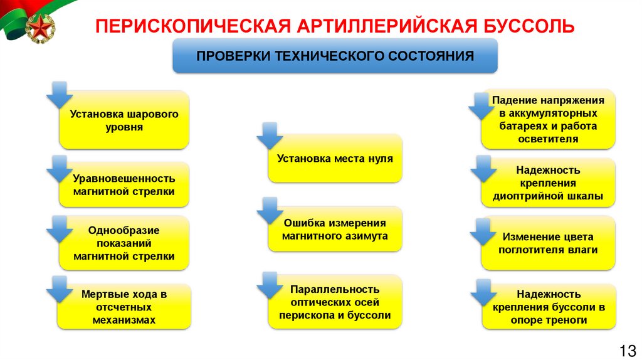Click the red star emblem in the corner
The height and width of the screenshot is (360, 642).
pos(39,28)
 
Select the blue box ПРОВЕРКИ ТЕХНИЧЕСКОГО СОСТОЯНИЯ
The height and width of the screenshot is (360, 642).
pos(335,56)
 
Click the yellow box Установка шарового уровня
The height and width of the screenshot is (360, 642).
pos(124,120)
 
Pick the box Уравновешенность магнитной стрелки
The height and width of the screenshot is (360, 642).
pos(124,184)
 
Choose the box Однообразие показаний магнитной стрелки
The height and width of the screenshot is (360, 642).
pos(124,243)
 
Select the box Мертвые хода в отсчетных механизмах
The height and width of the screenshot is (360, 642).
pos(124,307)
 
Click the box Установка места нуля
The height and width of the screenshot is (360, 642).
pos(335,159)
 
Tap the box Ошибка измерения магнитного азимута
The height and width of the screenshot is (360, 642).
pos(335,230)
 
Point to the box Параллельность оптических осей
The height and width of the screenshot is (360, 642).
pos(335,302)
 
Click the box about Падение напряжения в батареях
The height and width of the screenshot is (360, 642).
pos(548,119)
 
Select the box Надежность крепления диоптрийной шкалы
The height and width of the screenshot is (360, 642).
pos(548,183)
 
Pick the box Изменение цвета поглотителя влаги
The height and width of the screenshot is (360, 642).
pos(548,243)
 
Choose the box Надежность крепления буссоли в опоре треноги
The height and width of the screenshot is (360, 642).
pos(548,307)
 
